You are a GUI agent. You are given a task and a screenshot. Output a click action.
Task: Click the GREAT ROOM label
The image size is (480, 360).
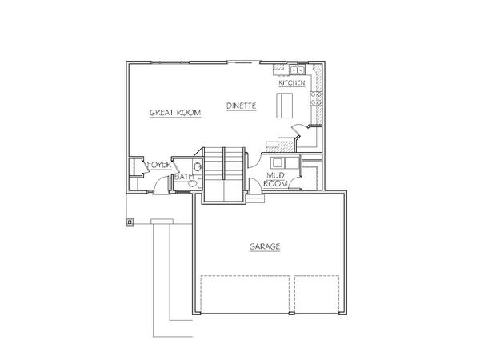pos(175,113)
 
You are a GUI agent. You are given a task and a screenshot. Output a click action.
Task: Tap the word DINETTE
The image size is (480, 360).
pos(242,106)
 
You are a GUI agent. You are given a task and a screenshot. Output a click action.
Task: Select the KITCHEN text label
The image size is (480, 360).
pos(292,82)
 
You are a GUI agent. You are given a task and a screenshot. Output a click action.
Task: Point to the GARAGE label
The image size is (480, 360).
pos(265,246)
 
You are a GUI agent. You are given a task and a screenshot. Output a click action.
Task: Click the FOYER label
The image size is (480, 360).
pos(159,165)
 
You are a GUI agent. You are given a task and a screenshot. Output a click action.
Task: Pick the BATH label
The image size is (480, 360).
pos(184,177)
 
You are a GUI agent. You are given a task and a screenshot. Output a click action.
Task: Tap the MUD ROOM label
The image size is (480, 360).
pos(275,180)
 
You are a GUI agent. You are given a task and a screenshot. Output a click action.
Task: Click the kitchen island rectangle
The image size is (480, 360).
pos(285,106)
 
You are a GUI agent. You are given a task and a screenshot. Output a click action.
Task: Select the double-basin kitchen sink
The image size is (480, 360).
pos(298,70)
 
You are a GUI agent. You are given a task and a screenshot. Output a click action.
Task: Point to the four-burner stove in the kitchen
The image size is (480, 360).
pos(316,98)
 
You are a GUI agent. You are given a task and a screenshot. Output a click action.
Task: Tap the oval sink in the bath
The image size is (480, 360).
pos(198,167)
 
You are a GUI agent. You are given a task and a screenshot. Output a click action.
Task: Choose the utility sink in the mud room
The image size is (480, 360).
pos(278,163)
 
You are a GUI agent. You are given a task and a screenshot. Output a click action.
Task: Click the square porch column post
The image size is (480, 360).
pos(130,222)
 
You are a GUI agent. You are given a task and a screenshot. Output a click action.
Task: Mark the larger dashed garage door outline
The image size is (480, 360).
pos(245,294)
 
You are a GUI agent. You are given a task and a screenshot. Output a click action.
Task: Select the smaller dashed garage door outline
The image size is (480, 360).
pos(317,294)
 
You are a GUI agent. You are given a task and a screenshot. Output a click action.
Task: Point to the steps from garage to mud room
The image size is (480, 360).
pos(255,198)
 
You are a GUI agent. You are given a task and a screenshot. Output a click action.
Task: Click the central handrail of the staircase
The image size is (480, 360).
pos(224,163)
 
